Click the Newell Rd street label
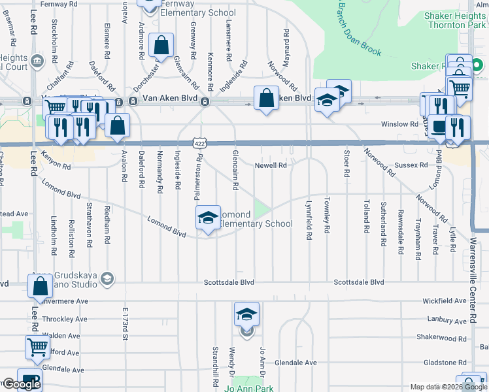pos(271,165)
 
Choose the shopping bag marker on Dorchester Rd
pos(161,46)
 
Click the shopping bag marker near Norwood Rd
pos(265,99)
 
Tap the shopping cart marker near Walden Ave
pos(38,348)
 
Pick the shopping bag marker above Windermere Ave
pos(40,286)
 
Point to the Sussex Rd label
pos(415,165)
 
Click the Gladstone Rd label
pos(444,363)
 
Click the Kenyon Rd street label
pos(55,157)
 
